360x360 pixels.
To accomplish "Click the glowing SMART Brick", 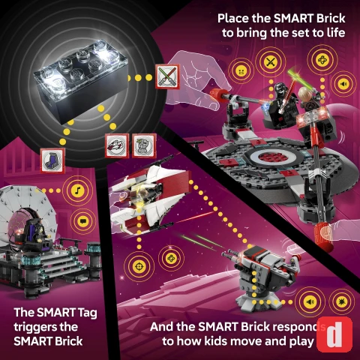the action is coord(80,81).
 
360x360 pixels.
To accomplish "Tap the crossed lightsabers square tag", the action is coord(167,76).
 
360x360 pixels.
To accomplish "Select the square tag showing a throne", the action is coord(52,160).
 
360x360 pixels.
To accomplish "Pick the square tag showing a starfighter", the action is coord(117,145).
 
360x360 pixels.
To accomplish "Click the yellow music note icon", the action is coord(77,190).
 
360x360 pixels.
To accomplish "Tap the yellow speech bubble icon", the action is coord(82,221).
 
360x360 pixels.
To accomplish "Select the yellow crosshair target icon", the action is coord(139,267).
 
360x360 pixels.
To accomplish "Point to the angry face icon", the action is coord(241,71).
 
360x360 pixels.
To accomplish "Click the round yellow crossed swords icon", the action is coord(271,61).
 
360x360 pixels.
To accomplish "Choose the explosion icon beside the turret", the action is coord(342,301).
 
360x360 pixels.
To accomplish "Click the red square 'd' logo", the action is coord(334,334).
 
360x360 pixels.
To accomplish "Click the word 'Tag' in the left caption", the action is coord(87,313).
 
